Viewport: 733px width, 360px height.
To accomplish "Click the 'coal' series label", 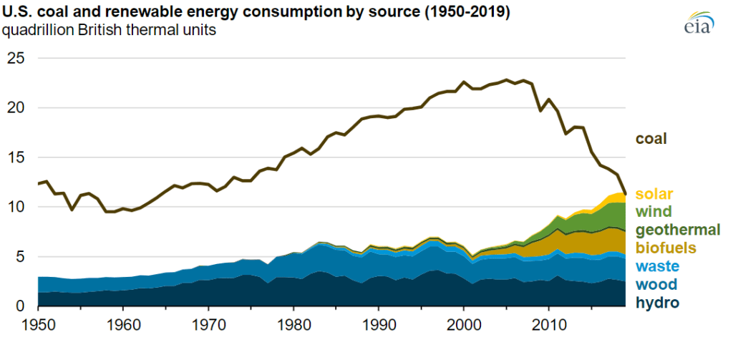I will coord(651,139).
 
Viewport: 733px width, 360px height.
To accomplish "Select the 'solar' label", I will coord(654,194).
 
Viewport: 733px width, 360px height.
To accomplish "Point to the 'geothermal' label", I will coord(677,230).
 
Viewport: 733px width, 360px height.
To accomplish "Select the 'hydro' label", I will coord(657,303).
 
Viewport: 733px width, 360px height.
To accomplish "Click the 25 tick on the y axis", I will coord(16,58).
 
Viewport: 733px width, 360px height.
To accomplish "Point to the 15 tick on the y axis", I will coord(16,157).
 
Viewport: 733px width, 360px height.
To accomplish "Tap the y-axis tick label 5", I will coord(20,256).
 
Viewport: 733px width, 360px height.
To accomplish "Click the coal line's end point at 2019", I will coord(626,193).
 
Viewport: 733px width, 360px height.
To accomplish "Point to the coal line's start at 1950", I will coord(38,184).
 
